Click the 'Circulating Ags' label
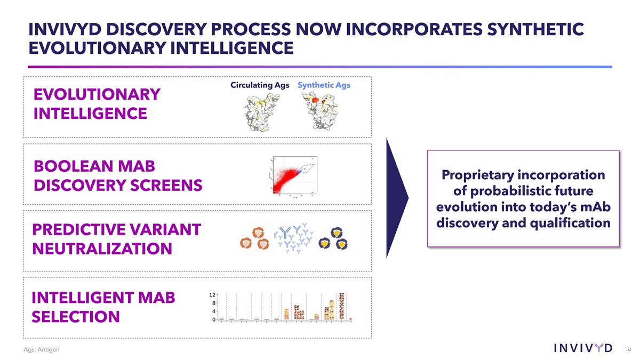(x=260, y=85)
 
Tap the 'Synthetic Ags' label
(x=324, y=85)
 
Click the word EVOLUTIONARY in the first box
(x=97, y=94)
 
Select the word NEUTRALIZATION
(x=102, y=249)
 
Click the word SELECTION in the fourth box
(x=76, y=317)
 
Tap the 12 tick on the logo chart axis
(x=212, y=294)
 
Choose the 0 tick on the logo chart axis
(x=213, y=319)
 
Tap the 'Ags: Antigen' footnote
(x=42, y=349)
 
